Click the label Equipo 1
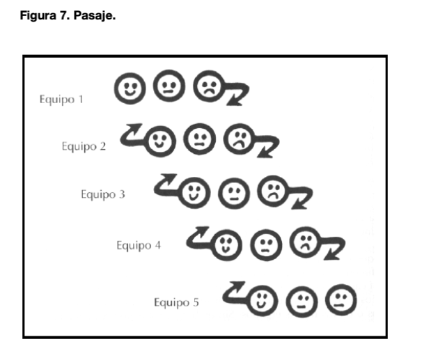tap(61, 99)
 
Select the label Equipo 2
tap(83, 146)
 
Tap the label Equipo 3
tap(102, 194)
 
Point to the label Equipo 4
tap(139, 245)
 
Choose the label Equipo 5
tap(176, 302)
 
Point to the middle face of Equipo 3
tap(231, 191)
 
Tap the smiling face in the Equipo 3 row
tap(191, 191)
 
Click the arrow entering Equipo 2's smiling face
tap(134, 134)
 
